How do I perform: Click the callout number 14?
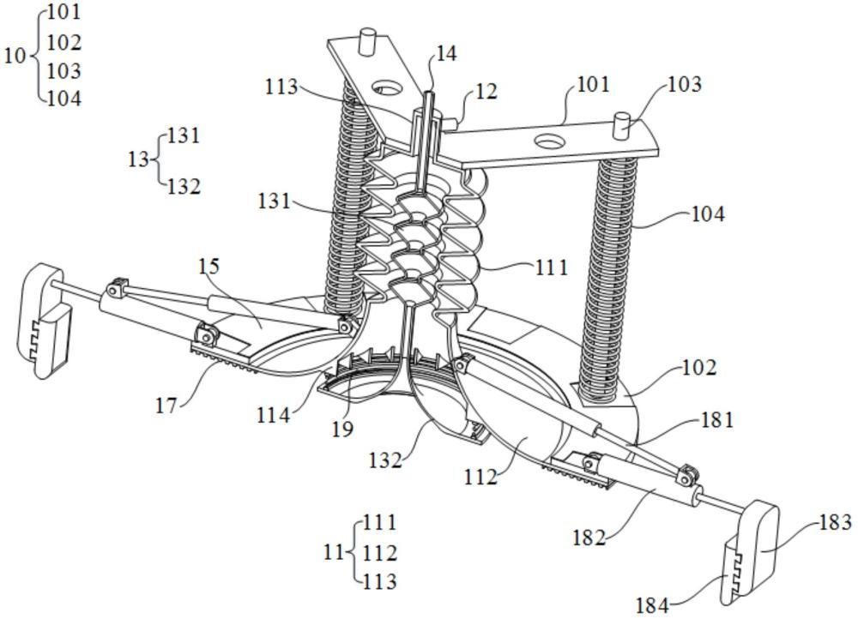[x=446, y=53]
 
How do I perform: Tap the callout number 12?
[x=486, y=92]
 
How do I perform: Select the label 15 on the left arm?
[x=209, y=267]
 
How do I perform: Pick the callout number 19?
[x=342, y=428]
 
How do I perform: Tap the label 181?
[x=717, y=420]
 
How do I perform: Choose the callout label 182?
[x=589, y=538]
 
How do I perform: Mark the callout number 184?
[x=652, y=605]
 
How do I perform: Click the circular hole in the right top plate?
[x=546, y=139]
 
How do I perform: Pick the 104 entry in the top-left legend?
[x=64, y=98]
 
